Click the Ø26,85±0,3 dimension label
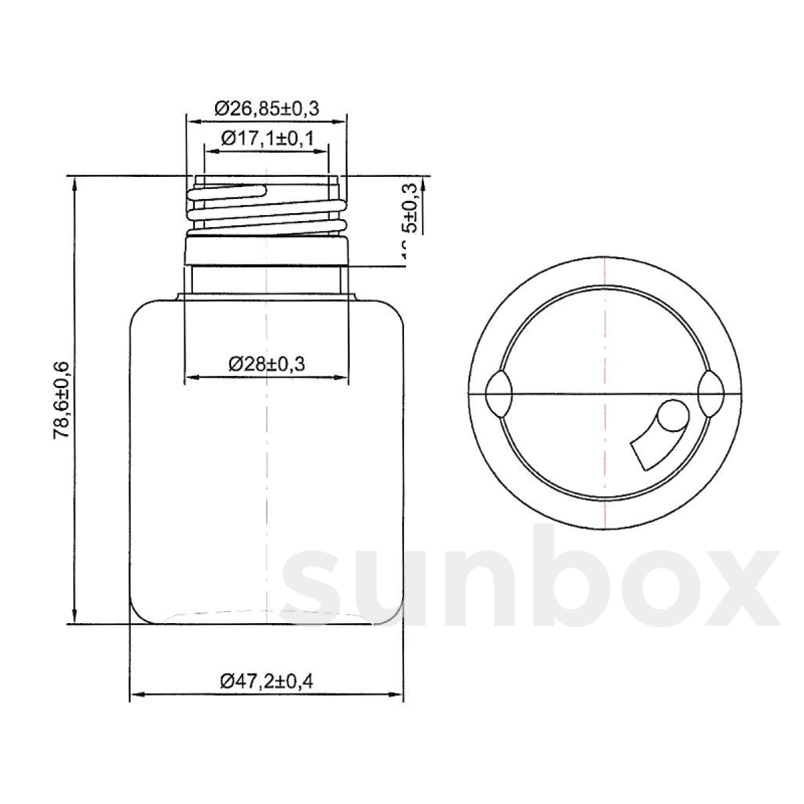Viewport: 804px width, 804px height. point(266,108)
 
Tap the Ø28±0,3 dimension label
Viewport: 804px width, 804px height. point(267,364)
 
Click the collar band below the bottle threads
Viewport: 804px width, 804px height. point(266,251)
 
